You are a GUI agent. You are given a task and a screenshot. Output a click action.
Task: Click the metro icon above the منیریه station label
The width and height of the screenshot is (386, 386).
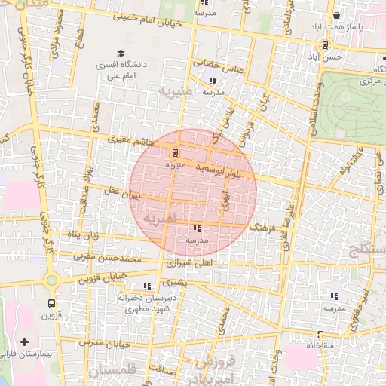pyautogui.click(x=176, y=152)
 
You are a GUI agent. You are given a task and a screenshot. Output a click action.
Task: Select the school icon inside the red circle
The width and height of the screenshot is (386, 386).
pyautogui.click(x=197, y=228)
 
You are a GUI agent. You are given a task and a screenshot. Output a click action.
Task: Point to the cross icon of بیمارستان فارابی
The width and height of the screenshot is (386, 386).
pyautogui.click(x=25, y=342)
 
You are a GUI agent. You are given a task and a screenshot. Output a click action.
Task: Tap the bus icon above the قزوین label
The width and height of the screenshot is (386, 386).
pyautogui.click(x=51, y=304)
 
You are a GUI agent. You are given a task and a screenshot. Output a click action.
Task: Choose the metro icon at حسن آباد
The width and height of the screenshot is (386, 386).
pyautogui.click(x=324, y=44)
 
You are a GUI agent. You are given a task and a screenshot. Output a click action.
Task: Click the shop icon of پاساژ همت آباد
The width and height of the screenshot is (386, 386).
pyautogui.click(x=336, y=16)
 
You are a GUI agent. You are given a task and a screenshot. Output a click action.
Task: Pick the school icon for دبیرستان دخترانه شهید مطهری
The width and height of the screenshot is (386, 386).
pyautogui.click(x=146, y=286)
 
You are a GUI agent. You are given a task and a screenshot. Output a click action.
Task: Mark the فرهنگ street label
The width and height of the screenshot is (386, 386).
pyautogui.click(x=259, y=225)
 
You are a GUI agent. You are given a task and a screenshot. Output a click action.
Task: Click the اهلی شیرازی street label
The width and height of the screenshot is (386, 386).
pyautogui.click(x=192, y=264)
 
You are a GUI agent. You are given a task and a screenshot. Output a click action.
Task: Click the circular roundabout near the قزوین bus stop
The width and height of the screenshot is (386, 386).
pyautogui.click(x=51, y=281)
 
